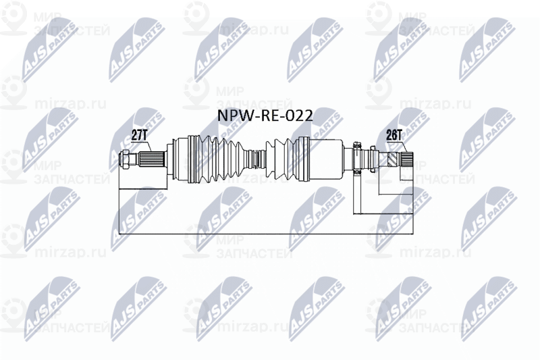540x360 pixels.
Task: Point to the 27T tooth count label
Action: click(140, 134)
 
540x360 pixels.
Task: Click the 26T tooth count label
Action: click(393, 134)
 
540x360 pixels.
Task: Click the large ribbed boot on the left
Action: click(216, 161)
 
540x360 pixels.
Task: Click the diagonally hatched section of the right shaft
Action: click(392, 161)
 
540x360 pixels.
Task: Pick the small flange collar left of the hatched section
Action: click(358, 161)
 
